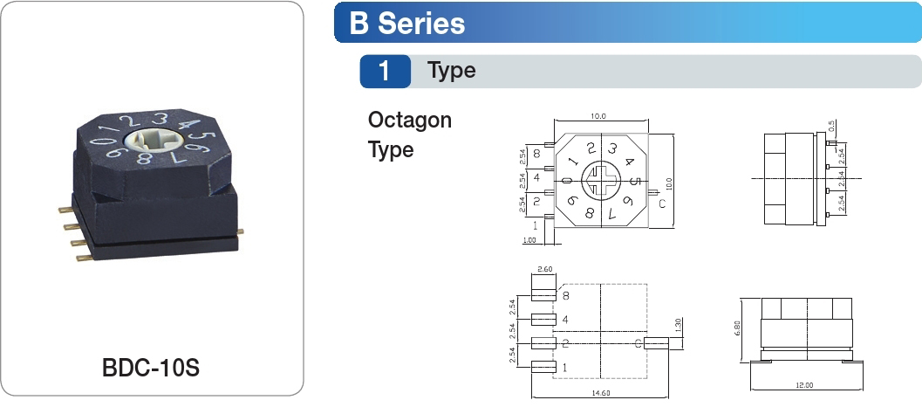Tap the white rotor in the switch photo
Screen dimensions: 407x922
147,141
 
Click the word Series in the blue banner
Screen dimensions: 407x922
420,24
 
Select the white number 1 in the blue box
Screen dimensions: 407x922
385,72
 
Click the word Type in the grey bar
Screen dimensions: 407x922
452,71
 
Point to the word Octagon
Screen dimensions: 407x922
410,120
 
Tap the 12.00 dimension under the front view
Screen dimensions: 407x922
803,384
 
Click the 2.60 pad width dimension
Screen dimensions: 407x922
546,269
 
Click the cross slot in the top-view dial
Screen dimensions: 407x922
601,181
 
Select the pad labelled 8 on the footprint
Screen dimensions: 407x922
543,296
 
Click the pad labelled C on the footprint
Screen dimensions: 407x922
656,344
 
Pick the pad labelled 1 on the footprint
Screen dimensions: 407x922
543,368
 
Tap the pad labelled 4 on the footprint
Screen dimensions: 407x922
543,320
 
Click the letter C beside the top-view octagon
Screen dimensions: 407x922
662,204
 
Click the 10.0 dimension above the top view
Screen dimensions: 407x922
598,115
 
